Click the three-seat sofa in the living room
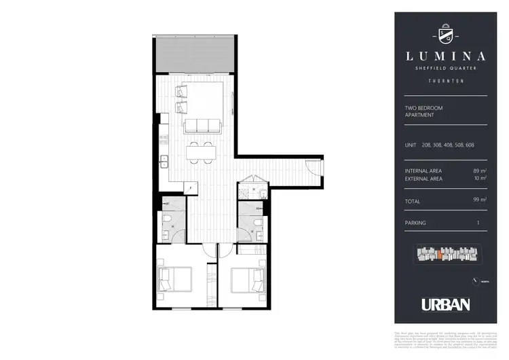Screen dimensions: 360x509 (202, 125)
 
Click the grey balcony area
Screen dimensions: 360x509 (193, 54)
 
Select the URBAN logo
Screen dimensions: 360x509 (445, 304)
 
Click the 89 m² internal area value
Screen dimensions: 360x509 (480, 170)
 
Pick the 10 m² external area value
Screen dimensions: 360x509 (480, 179)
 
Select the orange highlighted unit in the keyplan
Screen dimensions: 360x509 (441, 255)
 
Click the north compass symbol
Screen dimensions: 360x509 (473, 281)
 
